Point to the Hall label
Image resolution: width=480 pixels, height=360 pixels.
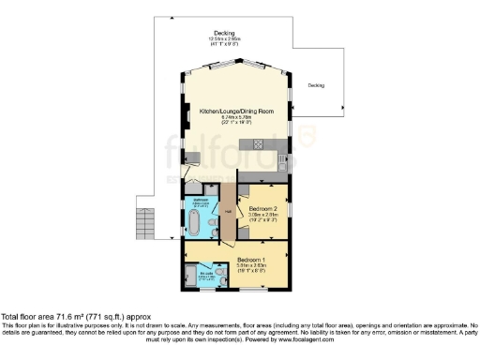coord(227,211)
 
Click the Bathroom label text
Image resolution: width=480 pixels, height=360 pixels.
coord(200,201)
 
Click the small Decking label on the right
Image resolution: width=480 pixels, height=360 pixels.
coord(316,85)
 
